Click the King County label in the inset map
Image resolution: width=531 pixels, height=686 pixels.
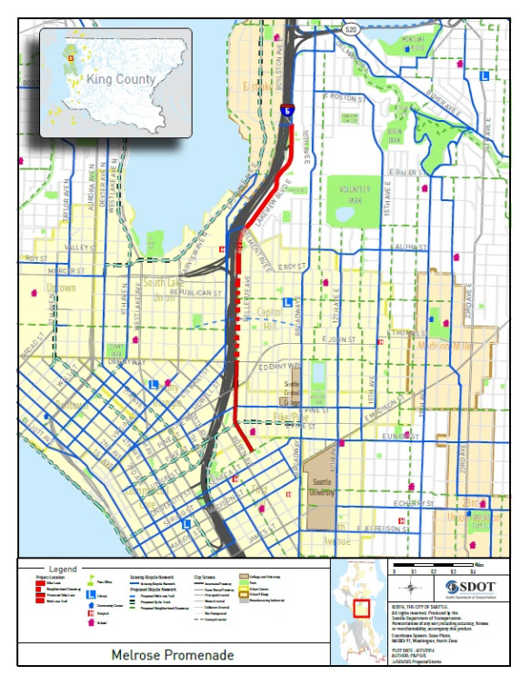121,80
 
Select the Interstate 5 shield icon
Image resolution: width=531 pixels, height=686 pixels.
286,109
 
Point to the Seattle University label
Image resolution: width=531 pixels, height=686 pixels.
324,487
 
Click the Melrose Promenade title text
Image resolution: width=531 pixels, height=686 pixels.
173,654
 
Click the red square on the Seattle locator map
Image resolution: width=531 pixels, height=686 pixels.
361,607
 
